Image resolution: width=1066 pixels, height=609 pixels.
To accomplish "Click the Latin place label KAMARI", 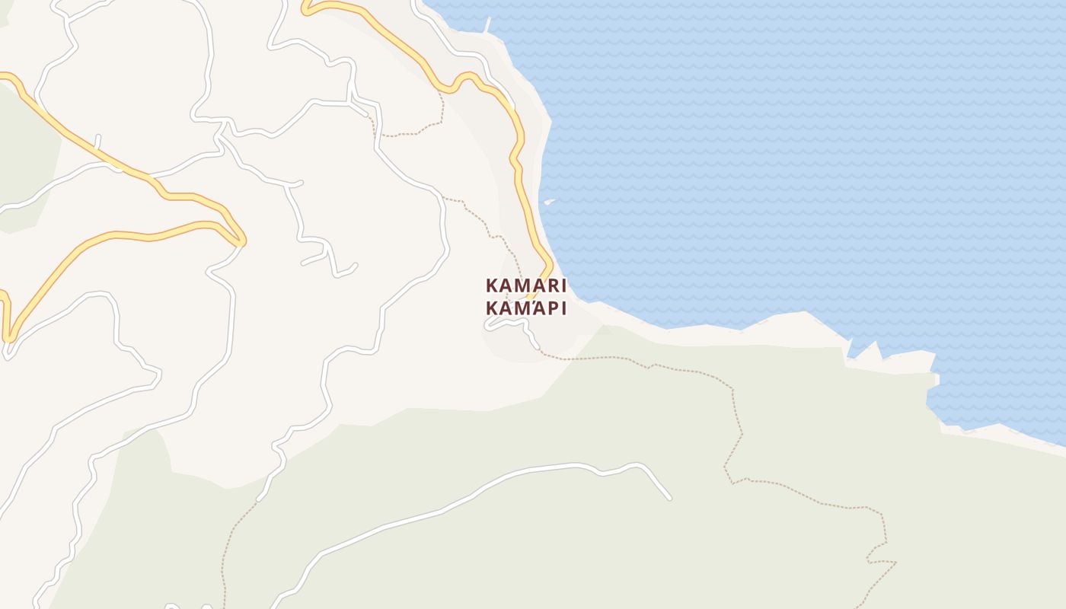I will (x=526, y=286).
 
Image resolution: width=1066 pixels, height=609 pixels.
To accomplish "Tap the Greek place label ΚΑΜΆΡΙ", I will (x=526, y=308).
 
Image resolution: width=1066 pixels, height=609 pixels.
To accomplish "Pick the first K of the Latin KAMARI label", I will (x=492, y=286).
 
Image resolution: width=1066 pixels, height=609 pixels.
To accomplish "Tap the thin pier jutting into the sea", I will (x=487, y=23).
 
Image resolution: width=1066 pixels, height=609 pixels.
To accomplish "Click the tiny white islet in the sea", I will (x=548, y=202).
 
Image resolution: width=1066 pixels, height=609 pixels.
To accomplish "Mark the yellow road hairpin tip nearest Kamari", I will (x=240, y=241).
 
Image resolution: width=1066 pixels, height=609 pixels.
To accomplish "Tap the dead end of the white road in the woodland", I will (x=669, y=498).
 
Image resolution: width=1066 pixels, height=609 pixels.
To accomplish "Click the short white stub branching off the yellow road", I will (x=97, y=142).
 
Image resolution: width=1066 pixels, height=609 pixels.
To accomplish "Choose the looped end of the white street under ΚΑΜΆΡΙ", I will (x=488, y=325).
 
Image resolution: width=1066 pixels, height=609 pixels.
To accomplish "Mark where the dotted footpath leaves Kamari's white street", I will (x=539, y=349).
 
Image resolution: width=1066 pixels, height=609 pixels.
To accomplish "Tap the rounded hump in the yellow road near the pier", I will (x=466, y=77).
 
